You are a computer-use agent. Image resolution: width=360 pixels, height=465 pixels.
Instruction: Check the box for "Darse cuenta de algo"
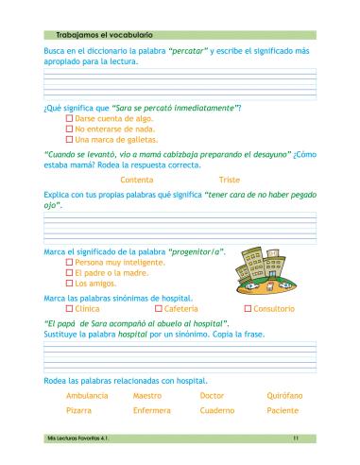click(69, 118)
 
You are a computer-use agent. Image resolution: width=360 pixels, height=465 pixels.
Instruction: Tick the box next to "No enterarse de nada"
click(69, 129)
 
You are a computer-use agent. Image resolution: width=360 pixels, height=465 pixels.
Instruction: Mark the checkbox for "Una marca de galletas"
click(69, 139)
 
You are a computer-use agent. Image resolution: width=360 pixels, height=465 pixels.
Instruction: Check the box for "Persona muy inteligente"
click(69, 262)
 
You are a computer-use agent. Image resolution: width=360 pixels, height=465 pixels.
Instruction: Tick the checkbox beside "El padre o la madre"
click(69, 272)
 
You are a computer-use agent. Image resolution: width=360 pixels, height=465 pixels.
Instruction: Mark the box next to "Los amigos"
click(69, 283)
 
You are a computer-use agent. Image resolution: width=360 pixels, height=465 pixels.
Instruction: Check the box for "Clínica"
click(69, 308)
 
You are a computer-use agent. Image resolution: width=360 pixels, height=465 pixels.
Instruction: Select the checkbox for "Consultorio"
click(247, 308)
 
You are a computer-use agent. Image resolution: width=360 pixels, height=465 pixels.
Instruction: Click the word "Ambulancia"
click(87, 395)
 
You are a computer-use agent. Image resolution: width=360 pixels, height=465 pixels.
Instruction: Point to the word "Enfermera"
click(151, 411)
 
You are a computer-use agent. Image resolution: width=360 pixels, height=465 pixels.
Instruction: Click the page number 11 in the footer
click(296, 439)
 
